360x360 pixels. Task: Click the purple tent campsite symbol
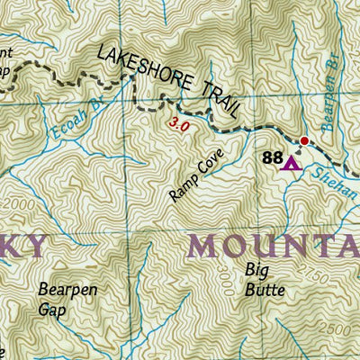pos(289,163)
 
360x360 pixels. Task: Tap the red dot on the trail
pos(304,140)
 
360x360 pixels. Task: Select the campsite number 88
pos(272,157)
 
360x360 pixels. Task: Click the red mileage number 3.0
pos(179,127)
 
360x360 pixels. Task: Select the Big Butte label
pos(265,279)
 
